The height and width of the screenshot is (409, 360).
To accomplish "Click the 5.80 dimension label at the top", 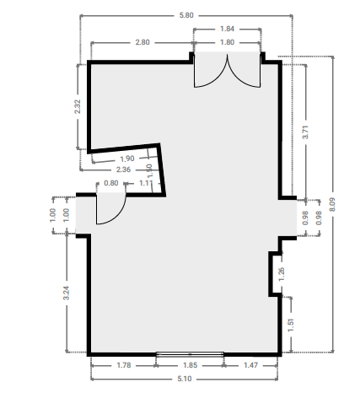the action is point(186,15).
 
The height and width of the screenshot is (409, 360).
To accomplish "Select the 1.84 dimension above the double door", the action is point(227,29).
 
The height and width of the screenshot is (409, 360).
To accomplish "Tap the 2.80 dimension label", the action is point(142,42).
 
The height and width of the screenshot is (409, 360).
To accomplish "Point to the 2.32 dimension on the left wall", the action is point(78,106).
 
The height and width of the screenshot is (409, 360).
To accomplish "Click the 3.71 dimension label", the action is point(305,132).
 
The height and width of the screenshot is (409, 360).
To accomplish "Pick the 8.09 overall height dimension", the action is point(332,204).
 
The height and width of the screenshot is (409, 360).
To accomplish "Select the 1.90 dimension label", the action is point(127,159).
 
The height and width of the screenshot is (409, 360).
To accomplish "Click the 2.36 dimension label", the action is point(123,170).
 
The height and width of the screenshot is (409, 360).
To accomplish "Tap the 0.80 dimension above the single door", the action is point(111,183).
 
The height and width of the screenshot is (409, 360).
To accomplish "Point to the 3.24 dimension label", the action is point(66,293).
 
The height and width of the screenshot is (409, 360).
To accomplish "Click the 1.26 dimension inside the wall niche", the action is point(282,274).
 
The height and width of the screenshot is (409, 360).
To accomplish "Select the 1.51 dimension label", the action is point(291,325).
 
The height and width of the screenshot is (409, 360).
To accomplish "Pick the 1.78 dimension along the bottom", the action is point(124,365).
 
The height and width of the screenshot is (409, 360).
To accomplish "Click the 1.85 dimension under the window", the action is point(191,365).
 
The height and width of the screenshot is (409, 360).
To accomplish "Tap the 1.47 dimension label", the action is point(250,365).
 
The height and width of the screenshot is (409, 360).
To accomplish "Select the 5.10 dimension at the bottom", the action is point(185,379).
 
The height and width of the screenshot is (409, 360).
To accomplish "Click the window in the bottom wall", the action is point(190,354).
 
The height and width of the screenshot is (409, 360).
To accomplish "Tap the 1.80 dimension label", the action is point(227,42).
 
